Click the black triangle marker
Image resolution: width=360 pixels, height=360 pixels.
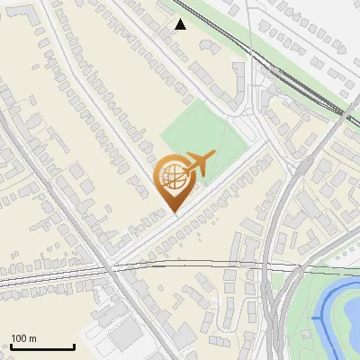[181, 24]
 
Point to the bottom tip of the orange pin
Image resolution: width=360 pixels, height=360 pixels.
[173, 211]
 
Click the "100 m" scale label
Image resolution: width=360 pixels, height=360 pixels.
[23, 338]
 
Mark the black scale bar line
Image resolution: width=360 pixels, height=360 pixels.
[41, 347]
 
